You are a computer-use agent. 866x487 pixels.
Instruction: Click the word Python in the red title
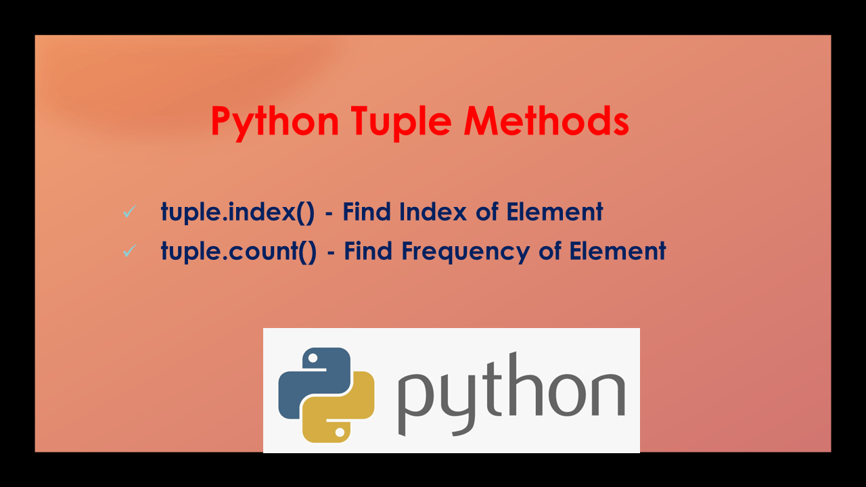[274, 122]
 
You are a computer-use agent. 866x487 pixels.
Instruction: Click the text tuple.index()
[237, 212]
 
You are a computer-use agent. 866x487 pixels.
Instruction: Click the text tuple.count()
[238, 252]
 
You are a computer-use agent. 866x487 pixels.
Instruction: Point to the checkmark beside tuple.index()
[129, 212]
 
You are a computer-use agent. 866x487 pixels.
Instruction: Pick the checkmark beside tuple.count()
[129, 251]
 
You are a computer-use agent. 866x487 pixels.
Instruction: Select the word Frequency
[467, 252]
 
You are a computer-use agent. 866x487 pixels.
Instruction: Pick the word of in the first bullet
[486, 212]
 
